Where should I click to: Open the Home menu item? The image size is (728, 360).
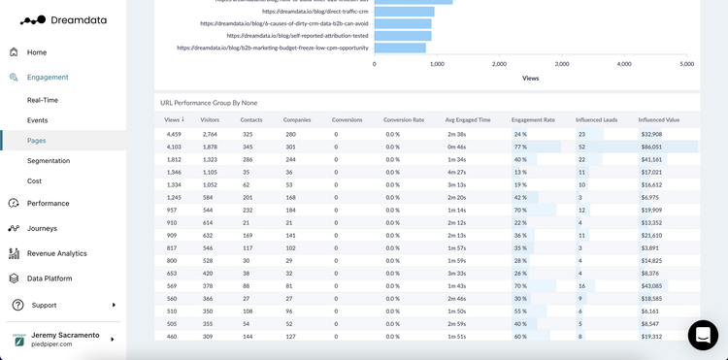36,52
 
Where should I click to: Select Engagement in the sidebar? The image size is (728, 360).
47,77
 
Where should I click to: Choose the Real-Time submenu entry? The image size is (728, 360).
43,100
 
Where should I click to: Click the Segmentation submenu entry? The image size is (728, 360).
48,160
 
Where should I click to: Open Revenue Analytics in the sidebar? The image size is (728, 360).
56,253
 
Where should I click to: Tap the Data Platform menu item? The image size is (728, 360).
49,278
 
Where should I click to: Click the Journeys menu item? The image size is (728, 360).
42,228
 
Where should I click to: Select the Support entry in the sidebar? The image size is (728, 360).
44,305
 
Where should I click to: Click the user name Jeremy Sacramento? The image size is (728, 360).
65,335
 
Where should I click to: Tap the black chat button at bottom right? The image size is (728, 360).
703,335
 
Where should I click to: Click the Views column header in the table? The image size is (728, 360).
174,120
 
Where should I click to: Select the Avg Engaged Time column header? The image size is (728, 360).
468,120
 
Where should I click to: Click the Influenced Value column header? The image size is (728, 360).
658,120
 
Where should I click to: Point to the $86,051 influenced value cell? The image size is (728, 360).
651,147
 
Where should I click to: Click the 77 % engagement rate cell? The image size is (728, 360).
520,147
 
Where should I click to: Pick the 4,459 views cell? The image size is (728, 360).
173,134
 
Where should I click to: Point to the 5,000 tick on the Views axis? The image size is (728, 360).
686,64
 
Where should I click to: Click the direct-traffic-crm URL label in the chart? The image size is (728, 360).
289,11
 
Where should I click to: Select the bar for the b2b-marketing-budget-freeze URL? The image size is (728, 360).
400,48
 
